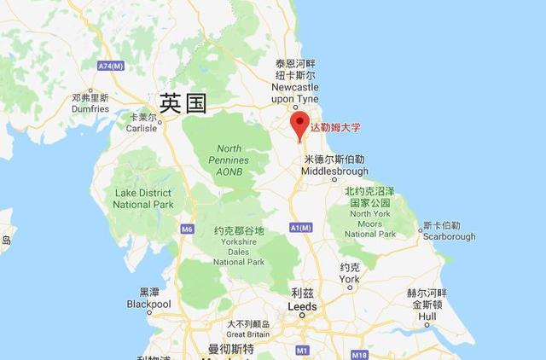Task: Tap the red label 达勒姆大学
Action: point(335,128)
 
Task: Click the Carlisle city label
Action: point(142,122)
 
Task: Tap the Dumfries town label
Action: point(90,103)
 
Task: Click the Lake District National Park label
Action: point(144,199)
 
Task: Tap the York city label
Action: point(349,273)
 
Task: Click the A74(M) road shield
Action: point(111,66)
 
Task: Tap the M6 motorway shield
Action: point(187,229)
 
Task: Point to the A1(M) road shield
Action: point(300,227)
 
